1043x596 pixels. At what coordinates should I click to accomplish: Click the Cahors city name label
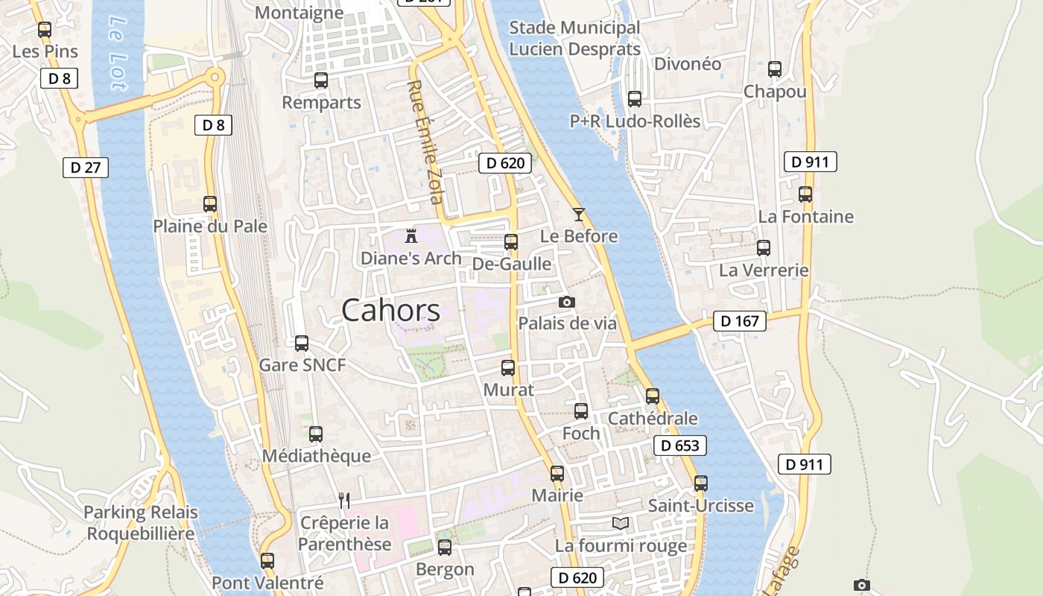point(390,311)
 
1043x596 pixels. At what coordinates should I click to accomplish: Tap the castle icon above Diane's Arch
point(410,236)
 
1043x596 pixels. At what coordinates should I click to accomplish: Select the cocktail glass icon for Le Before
point(579,215)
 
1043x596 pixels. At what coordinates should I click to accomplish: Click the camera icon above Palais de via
point(567,302)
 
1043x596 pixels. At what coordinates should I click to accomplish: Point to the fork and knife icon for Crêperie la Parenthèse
point(343,500)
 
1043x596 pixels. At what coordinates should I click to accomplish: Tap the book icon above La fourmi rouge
point(621,523)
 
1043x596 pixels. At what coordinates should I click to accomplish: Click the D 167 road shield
point(740,321)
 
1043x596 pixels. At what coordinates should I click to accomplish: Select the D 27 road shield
point(85,167)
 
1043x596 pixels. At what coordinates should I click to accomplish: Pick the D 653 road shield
point(679,446)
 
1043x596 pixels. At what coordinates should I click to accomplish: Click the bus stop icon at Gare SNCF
point(302,343)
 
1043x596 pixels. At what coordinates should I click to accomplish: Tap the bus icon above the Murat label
point(508,368)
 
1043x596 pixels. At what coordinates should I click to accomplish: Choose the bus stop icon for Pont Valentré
point(267,560)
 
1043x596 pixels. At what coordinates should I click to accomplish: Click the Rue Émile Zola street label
point(425,142)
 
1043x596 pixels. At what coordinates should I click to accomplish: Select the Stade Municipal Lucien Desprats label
point(574,39)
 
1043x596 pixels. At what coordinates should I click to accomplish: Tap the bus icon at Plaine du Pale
point(210,204)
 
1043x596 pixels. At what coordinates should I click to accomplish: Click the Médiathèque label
point(317,456)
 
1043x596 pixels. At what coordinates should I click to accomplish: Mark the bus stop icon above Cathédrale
point(653,396)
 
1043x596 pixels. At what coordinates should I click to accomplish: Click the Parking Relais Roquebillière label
point(141,523)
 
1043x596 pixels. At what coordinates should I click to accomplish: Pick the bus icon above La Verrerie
point(764,248)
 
